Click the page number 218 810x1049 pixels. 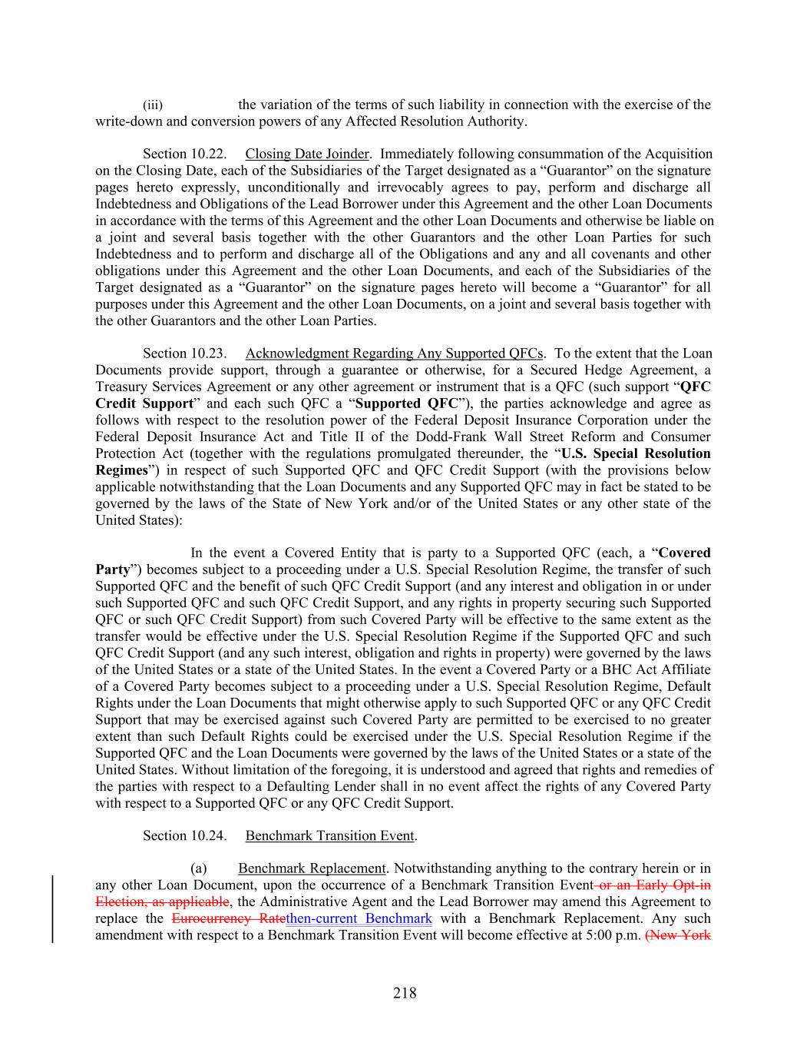[405, 993]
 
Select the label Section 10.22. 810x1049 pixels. [184, 154]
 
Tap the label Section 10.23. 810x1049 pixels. [184, 354]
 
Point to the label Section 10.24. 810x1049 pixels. [184, 835]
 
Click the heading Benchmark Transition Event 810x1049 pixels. [329, 835]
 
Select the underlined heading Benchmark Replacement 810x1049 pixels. [312, 868]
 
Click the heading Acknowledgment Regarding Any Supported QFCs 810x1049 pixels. [394, 354]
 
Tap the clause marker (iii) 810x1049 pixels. [153, 105]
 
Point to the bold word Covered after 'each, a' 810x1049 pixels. [685, 553]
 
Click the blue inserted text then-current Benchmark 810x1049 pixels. [359, 918]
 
